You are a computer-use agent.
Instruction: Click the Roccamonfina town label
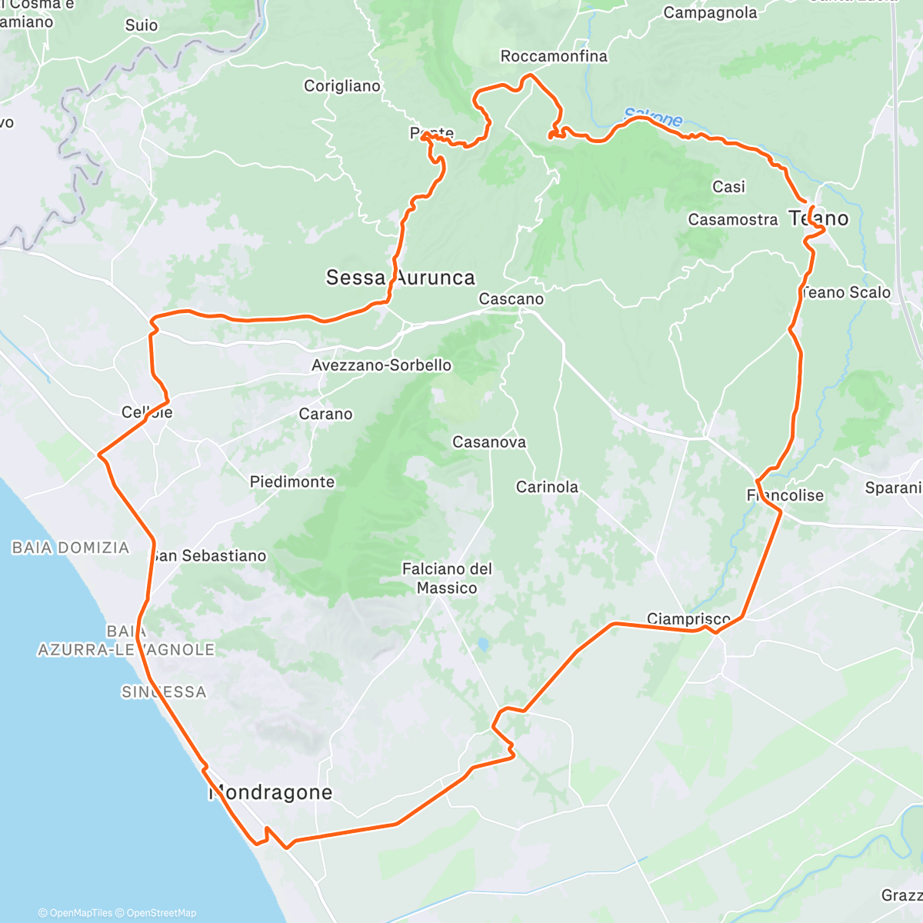pyautogui.click(x=553, y=56)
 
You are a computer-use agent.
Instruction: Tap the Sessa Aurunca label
pyautogui.click(x=400, y=278)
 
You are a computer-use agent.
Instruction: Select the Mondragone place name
pyautogui.click(x=271, y=792)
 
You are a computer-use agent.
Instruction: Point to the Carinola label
pyautogui.click(x=547, y=487)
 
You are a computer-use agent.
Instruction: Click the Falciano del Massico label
pyautogui.click(x=447, y=578)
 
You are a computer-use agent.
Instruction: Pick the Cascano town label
pyautogui.click(x=511, y=299)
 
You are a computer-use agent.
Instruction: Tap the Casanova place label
pyautogui.click(x=489, y=442)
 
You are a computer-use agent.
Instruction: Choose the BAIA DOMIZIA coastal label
pyautogui.click(x=71, y=548)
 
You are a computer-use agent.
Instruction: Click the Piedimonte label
pyautogui.click(x=292, y=482)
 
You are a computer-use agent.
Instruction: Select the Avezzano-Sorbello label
pyautogui.click(x=381, y=365)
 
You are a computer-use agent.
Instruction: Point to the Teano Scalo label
pyautogui.click(x=846, y=293)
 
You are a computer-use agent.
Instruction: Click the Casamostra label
pyautogui.click(x=733, y=220)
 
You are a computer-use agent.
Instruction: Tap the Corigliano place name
pyautogui.click(x=342, y=86)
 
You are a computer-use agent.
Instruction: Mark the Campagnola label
pyautogui.click(x=710, y=13)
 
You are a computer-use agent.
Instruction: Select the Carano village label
pyautogui.click(x=325, y=414)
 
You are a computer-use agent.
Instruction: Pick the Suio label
pyautogui.click(x=142, y=25)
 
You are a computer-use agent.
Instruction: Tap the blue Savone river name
pyautogui.click(x=653, y=118)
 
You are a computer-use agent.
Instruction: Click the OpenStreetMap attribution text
pyautogui.click(x=162, y=913)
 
